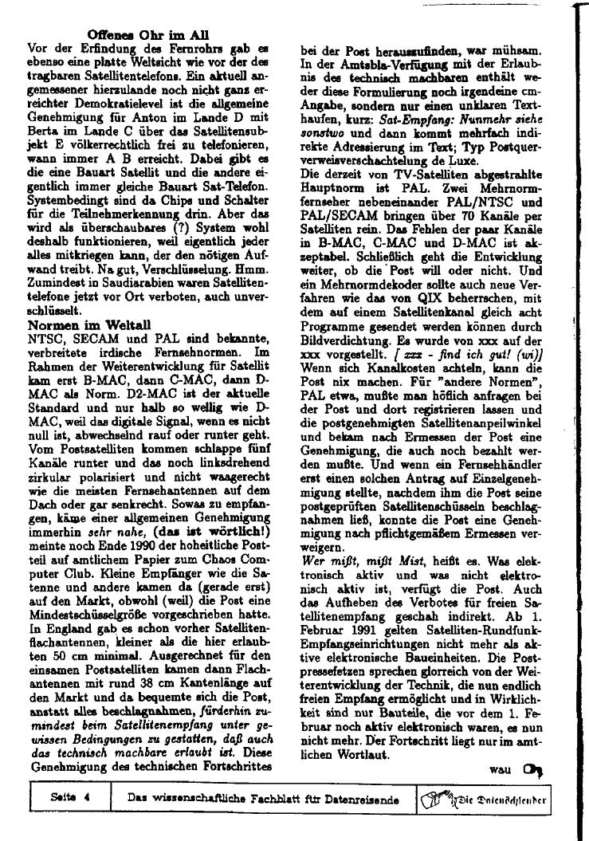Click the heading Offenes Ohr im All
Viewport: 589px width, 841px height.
(x=148, y=34)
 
